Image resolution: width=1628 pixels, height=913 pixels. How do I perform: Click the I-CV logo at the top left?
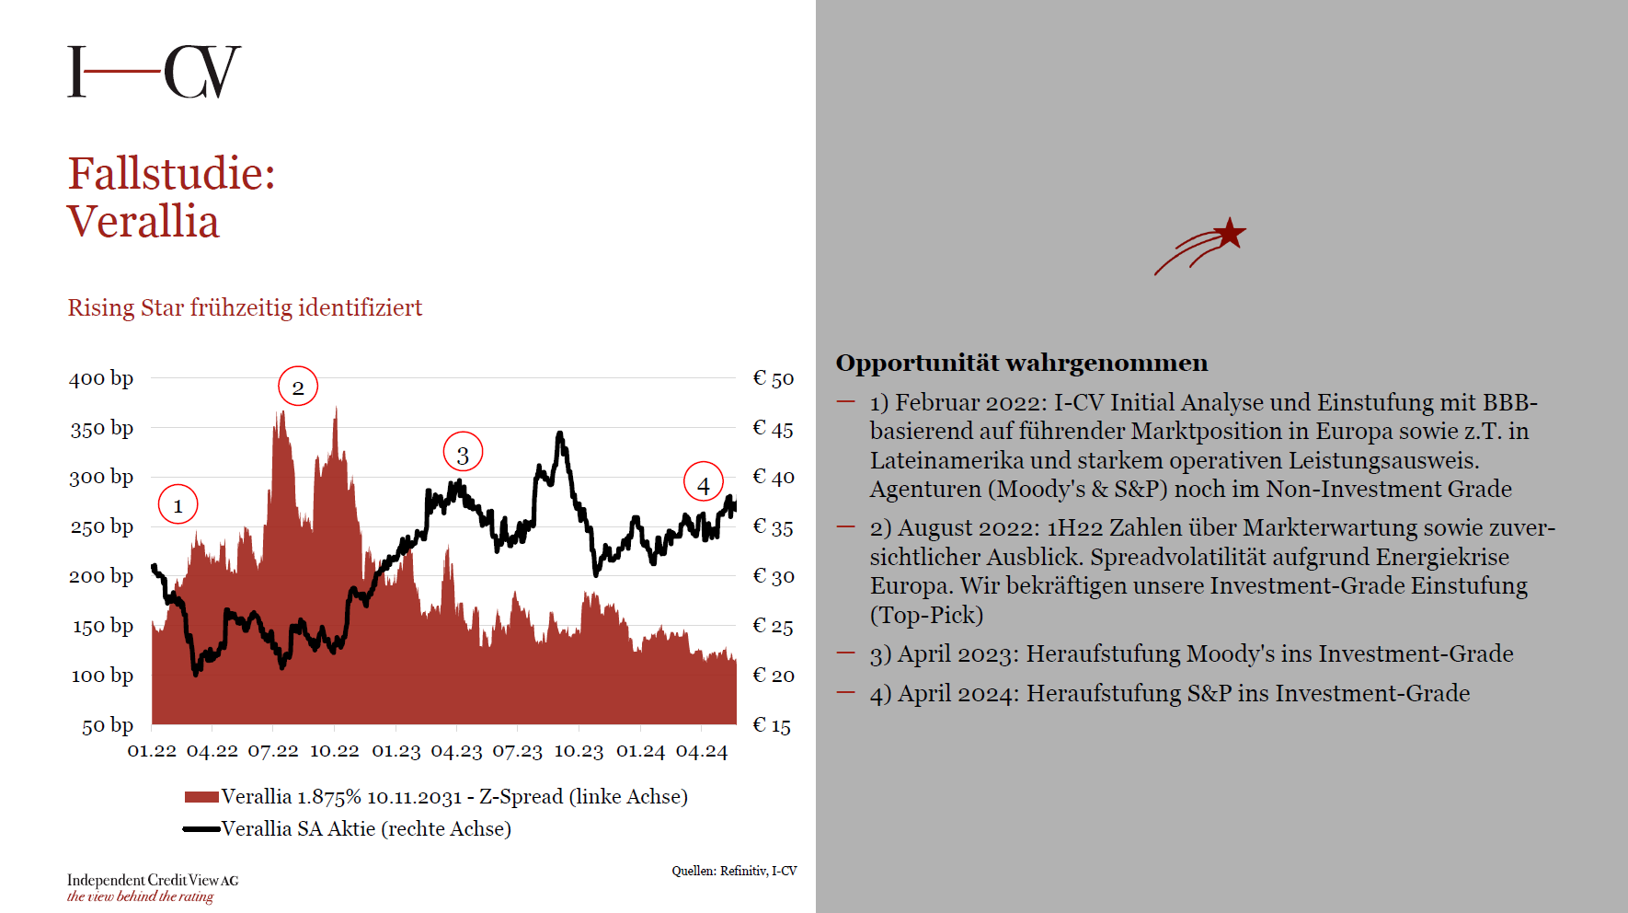[x=154, y=72]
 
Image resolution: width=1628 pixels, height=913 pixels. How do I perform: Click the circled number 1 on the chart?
[x=178, y=504]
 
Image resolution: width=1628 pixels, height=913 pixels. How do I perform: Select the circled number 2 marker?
[x=298, y=387]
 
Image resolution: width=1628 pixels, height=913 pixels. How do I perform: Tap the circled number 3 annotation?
[x=463, y=453]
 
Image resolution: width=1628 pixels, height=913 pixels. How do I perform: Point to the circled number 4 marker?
[x=704, y=482]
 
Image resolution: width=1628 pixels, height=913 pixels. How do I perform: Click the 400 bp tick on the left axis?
[x=101, y=378]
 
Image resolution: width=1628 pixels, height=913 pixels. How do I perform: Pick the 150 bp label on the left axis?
[x=103, y=627]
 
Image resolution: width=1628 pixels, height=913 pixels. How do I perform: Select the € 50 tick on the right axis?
[x=773, y=378]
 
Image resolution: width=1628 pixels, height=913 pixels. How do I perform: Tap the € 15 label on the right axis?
[x=772, y=725]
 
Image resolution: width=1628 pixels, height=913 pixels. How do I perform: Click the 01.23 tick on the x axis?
[x=396, y=751]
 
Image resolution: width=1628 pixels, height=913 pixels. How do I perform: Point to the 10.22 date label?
[x=334, y=751]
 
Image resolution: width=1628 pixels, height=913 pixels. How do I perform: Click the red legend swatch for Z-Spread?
[x=201, y=797]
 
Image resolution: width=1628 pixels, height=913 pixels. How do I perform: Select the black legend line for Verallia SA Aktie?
[x=201, y=829]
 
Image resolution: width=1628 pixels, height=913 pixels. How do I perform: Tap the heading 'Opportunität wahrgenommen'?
[x=1022, y=363]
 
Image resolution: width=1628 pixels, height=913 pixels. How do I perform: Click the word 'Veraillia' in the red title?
[x=143, y=222]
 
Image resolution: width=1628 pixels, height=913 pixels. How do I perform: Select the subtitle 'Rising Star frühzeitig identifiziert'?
[x=245, y=307]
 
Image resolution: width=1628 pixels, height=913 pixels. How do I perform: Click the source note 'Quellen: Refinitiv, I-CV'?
[x=734, y=871]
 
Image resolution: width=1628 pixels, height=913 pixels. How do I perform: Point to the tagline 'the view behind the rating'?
[x=140, y=896]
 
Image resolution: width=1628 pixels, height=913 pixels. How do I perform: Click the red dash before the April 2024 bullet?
[x=846, y=692]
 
